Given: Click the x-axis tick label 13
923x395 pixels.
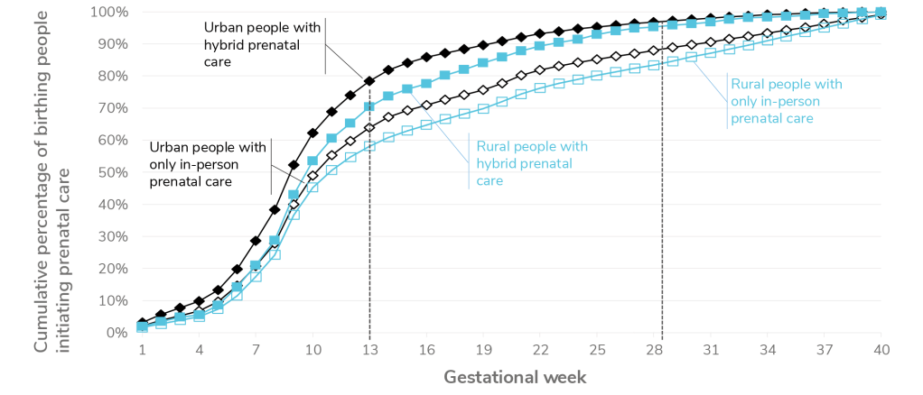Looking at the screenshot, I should [369, 350].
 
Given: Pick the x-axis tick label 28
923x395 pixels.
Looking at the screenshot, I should [653, 350].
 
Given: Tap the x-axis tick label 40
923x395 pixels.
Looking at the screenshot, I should [881, 350].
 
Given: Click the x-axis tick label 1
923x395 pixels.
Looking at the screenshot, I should [142, 350].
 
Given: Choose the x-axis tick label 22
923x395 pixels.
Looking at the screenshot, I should [539, 350].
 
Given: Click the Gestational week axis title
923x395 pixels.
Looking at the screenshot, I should [510, 375].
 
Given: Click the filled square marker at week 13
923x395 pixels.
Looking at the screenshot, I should [369, 106].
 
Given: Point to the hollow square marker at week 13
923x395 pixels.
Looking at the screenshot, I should [369, 144].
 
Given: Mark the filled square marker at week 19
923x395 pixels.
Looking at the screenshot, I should [482, 62].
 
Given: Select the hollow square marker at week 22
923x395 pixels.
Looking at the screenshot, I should [539, 87].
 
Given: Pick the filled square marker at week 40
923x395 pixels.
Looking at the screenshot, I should [881, 12].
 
